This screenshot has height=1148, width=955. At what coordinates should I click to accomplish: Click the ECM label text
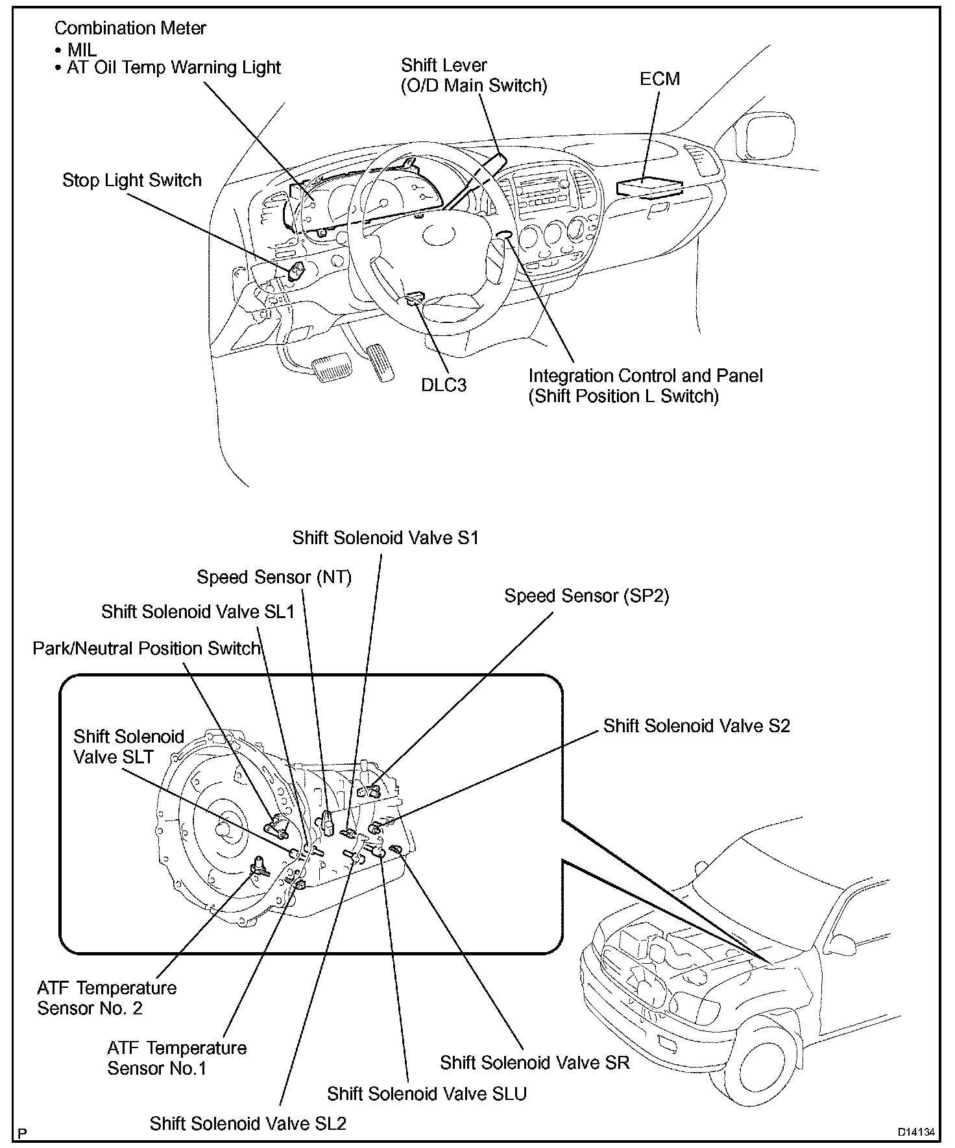tap(660, 79)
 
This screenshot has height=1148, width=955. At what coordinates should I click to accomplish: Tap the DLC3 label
tap(444, 385)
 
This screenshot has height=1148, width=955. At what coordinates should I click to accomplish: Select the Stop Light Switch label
tap(132, 180)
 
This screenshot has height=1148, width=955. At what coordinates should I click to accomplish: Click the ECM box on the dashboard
tap(649, 186)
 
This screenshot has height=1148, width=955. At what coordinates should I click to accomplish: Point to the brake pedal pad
tap(330, 368)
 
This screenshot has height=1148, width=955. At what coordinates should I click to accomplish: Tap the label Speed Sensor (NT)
tap(274, 577)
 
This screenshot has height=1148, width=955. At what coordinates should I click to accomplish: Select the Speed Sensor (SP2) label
tap(586, 596)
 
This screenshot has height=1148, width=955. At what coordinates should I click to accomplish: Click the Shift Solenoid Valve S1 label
tap(385, 538)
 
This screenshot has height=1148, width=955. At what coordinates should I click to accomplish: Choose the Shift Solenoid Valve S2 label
tap(697, 726)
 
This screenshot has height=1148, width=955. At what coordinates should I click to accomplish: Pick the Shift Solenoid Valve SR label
tap(535, 1062)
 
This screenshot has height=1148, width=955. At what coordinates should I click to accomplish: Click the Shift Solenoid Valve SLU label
tap(427, 1094)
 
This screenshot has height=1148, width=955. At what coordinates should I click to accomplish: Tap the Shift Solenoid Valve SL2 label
tap(248, 1123)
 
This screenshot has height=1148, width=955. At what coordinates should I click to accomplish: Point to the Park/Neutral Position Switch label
tap(147, 649)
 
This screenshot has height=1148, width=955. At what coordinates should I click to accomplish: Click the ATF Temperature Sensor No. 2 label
tap(107, 998)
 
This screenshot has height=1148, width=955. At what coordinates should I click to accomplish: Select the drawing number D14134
tap(916, 1132)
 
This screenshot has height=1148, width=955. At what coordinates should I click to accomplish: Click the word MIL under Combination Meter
tap(82, 49)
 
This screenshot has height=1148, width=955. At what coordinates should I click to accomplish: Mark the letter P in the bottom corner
tap(23, 1133)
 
